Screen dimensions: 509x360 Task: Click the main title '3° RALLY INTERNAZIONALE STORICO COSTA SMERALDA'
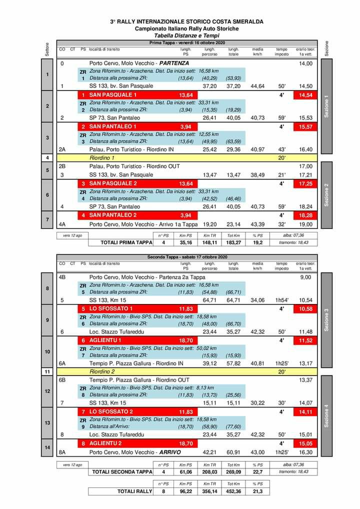(186, 22)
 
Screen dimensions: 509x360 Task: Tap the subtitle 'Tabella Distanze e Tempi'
(186, 36)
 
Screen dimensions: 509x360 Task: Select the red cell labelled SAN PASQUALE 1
(113, 95)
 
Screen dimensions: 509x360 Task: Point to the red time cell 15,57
(305, 126)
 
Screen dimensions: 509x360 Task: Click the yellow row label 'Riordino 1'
(101, 157)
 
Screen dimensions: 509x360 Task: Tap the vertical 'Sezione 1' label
(326, 106)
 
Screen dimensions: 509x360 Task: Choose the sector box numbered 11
(47, 372)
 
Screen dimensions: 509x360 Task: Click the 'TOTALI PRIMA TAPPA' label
(119, 242)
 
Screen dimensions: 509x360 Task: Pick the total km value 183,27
(233, 242)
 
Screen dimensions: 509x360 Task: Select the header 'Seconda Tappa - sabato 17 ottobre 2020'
(186, 257)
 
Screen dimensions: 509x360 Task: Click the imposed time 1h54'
(281, 300)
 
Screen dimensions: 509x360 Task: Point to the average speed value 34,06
(257, 300)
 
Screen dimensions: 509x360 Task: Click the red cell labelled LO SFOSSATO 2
(111, 411)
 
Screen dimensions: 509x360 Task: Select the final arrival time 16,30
(305, 452)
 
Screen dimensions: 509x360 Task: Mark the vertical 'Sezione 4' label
(326, 415)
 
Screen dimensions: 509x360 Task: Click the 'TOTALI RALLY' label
(134, 491)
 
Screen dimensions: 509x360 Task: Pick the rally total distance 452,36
(233, 491)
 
